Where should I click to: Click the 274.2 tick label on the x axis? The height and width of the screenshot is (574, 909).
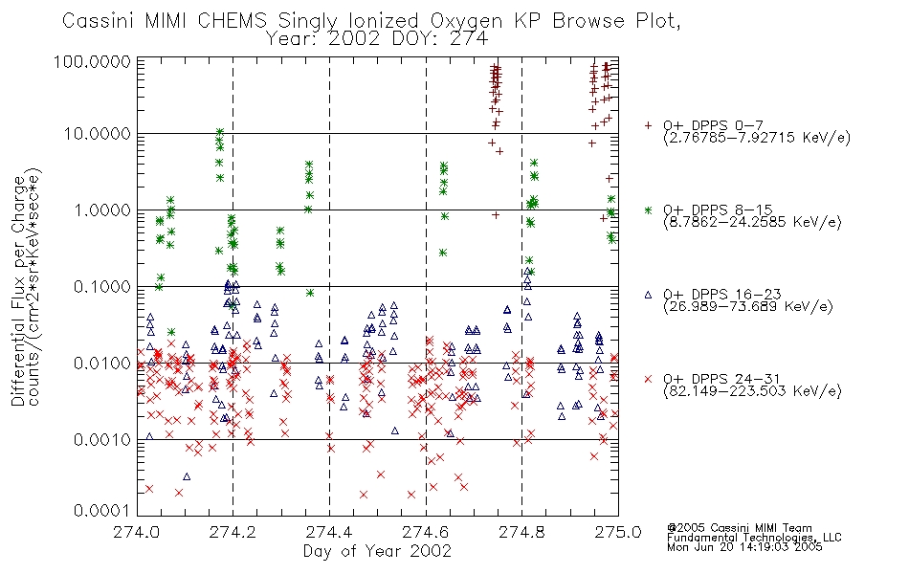pos(233,532)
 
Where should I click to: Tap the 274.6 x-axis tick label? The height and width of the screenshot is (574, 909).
pos(426,532)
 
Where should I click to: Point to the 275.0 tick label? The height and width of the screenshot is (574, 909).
pos(618,532)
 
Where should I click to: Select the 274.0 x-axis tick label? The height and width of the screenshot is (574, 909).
pos(136,532)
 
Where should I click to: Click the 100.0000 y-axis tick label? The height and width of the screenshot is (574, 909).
pos(92,61)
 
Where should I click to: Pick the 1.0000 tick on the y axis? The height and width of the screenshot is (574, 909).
pos(102,210)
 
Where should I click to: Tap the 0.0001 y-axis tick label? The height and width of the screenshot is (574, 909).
pos(102,510)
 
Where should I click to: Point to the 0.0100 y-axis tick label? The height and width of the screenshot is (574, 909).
pos(102,364)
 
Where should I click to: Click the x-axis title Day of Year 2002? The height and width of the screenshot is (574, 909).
pos(377,551)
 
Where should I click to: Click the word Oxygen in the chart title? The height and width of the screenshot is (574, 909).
pos(466,21)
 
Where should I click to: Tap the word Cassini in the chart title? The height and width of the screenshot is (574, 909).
pos(98,21)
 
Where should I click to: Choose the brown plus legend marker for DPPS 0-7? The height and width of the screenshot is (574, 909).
pos(648,125)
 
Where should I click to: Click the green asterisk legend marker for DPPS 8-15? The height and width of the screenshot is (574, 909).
pos(648,210)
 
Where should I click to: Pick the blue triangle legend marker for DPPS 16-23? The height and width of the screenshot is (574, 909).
pos(648,295)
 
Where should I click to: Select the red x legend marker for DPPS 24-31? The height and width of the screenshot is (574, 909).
pos(648,379)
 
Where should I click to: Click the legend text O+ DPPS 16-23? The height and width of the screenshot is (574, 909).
pos(722,295)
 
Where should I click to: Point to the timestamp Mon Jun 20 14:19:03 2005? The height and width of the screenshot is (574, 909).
pos(744,547)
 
